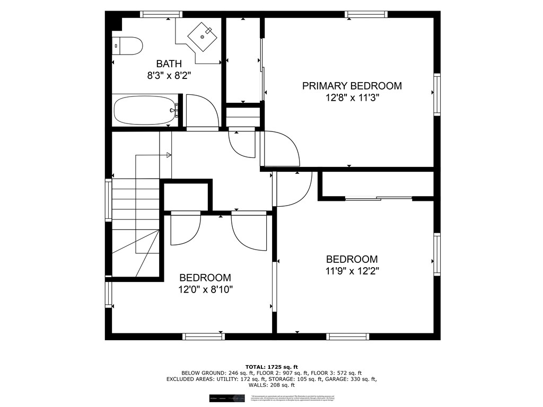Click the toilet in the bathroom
[x=128, y=46]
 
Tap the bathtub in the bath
[x=145, y=110]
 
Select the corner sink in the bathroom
[x=202, y=34]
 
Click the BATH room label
[x=169, y=64]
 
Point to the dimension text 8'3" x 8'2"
[x=169, y=76]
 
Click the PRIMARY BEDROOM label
[x=352, y=86]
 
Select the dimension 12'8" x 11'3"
[x=352, y=98]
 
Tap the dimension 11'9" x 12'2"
[x=352, y=271]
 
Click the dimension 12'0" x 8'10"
[x=205, y=289]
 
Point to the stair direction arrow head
[x=169, y=155]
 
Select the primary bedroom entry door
[x=281, y=149]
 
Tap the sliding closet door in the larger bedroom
[x=378, y=199]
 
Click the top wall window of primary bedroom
[x=366, y=14]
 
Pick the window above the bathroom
[x=161, y=14]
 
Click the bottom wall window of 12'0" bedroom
[x=204, y=336]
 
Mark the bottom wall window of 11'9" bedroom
[x=347, y=336]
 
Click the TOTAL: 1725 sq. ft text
[x=271, y=367]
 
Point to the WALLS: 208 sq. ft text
[x=271, y=385]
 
